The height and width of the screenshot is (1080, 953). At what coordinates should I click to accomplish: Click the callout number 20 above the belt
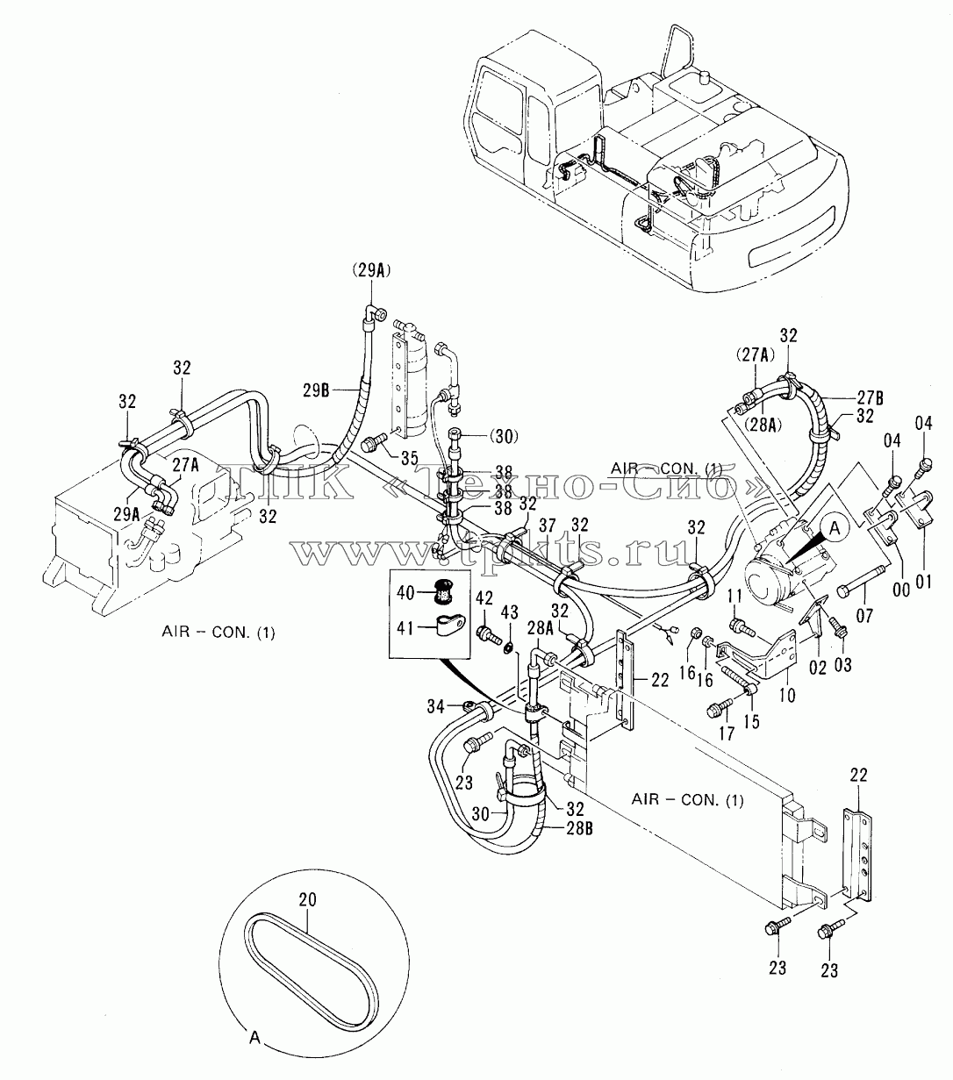click(x=308, y=899)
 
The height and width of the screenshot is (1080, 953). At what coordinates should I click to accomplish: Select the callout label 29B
click(x=317, y=390)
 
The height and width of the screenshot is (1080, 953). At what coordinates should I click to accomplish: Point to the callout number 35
click(x=409, y=458)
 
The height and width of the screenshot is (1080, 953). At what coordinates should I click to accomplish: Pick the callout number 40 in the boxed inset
click(x=406, y=592)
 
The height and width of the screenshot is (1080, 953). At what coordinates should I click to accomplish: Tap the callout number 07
click(x=864, y=616)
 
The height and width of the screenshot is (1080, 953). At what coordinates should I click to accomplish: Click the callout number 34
click(x=437, y=707)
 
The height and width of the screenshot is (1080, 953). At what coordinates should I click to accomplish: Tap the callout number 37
click(x=548, y=526)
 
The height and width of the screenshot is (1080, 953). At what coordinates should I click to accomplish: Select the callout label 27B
click(x=871, y=397)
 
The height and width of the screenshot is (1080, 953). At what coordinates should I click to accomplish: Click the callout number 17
click(x=727, y=733)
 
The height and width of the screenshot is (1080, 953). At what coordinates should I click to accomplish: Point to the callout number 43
click(x=509, y=612)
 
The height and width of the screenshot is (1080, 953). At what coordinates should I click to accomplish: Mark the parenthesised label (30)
click(x=504, y=437)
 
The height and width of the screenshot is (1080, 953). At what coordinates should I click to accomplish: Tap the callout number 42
click(x=484, y=598)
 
